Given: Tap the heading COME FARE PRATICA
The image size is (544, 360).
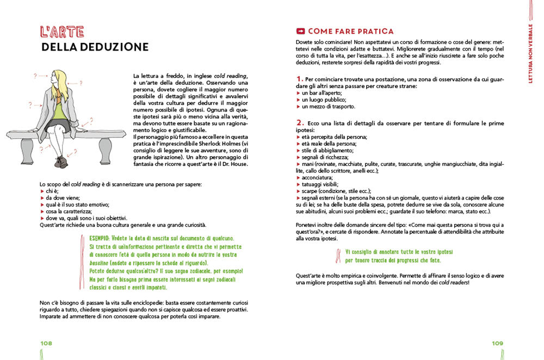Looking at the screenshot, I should pyautogui.click(x=350, y=32).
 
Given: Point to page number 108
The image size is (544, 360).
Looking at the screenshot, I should pyautogui.click(x=46, y=343).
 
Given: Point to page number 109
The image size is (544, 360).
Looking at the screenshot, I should pyautogui.click(x=497, y=343).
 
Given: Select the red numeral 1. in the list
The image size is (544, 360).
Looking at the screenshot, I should pyautogui.click(x=300, y=79).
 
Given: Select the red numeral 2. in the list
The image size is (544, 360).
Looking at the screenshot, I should pyautogui.click(x=300, y=122).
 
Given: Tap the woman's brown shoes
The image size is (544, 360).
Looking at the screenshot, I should pyautogui.click(x=59, y=162).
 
